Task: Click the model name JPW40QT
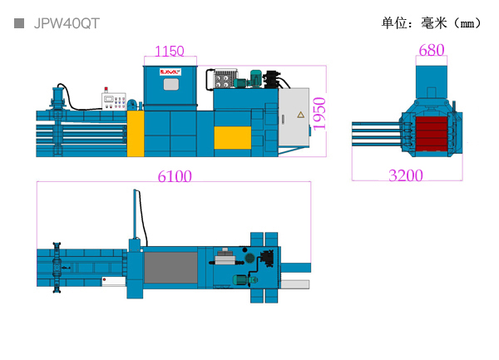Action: [67, 23]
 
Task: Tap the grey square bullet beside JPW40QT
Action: [19, 23]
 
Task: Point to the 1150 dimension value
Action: [170, 51]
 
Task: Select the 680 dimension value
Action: [431, 50]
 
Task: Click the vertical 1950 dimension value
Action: [319, 114]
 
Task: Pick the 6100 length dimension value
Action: [175, 176]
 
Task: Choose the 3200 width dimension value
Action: [406, 175]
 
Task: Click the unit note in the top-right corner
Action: [431, 23]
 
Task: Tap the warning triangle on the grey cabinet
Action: [301, 115]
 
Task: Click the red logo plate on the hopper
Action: [170, 72]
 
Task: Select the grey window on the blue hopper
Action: [171, 84]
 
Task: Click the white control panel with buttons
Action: [114, 101]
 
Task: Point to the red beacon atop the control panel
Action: [106, 89]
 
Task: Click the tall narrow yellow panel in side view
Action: [136, 134]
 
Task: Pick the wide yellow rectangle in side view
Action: [233, 138]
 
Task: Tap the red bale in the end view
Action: [432, 134]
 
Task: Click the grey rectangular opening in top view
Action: [170, 268]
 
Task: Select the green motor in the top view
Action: [245, 279]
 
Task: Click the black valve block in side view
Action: [271, 80]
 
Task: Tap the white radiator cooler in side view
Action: [222, 79]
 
